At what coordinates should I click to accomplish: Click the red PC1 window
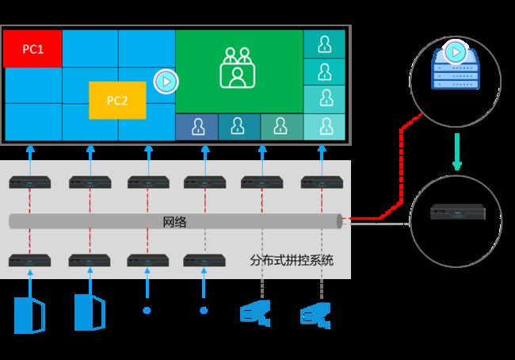[x=32, y=48]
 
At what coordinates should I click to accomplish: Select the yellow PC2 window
[x=117, y=100]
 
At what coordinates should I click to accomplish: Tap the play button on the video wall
[x=166, y=82]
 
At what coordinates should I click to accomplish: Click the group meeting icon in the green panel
[x=238, y=67]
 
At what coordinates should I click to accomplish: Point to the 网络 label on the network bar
[x=175, y=222]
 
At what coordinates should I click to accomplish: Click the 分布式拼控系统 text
[x=292, y=260]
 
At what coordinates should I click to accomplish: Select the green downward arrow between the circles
[x=457, y=152]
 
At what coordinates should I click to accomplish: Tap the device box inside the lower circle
[x=458, y=212]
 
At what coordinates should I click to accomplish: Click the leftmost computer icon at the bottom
[x=29, y=315]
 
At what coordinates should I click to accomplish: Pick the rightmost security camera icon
[x=315, y=316]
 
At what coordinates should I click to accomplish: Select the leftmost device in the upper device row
[x=30, y=182]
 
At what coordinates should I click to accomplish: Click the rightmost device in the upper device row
[x=322, y=182]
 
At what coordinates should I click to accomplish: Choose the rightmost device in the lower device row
[x=204, y=260]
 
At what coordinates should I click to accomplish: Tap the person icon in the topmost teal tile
[x=325, y=44]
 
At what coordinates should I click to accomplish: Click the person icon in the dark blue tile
[x=198, y=127]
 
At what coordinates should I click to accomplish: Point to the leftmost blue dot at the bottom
[x=147, y=310]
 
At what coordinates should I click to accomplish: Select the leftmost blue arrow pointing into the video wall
[x=30, y=161]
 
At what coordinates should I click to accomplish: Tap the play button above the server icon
[x=456, y=52]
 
